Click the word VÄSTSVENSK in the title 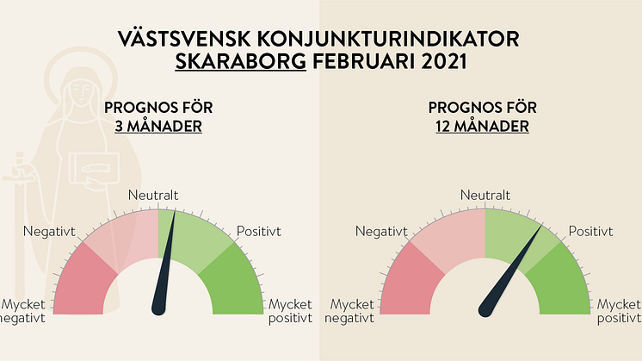click(184, 39)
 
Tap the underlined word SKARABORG click(241, 61)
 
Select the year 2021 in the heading click(444, 61)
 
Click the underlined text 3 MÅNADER click(158, 126)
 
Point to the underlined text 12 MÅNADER click(482, 126)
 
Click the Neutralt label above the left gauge click(153, 195)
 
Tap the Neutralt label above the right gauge click(485, 195)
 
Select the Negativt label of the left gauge click(49, 232)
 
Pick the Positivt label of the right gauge click(590, 232)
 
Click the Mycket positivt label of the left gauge click(290, 311)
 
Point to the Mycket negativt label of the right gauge click(349, 311)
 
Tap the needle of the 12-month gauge click(510, 271)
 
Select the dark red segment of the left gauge click(81, 283)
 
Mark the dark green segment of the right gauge click(562, 283)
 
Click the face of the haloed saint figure click(81, 92)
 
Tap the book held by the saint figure click(94, 168)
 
